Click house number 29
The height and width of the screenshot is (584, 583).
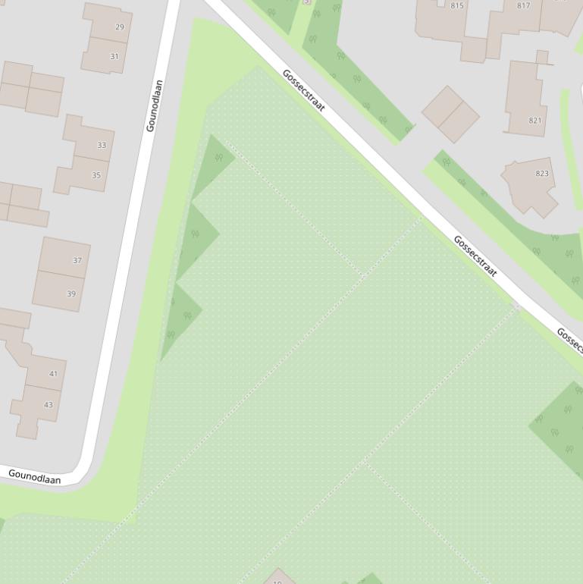120,27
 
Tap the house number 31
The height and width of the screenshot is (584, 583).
114,56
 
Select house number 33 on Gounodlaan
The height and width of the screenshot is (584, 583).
102,145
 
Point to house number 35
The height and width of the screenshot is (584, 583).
96,175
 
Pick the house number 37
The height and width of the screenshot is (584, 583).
77,260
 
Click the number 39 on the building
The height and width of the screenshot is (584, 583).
71,294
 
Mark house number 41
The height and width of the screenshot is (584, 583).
53,373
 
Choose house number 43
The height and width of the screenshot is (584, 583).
49,404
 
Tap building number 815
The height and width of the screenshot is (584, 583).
457,6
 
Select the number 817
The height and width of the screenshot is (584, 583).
523,6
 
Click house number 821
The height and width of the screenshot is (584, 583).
535,121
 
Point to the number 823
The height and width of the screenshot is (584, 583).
542,174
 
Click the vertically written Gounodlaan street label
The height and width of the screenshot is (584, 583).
154,105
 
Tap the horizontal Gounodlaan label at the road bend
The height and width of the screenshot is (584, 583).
34,476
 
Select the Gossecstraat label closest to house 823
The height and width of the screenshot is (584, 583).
475,256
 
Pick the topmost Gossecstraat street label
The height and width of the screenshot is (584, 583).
303,90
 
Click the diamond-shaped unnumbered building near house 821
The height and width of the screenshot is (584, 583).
450,114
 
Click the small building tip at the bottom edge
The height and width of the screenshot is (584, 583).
279,577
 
